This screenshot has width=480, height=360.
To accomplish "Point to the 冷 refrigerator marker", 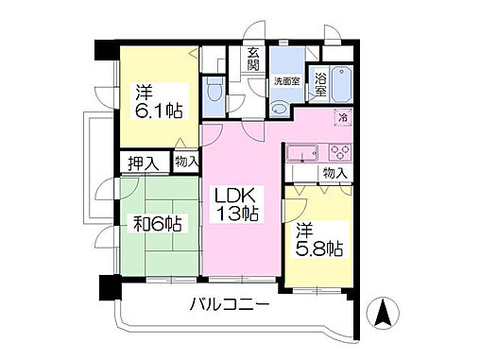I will [343, 118].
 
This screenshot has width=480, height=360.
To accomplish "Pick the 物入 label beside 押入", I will [186, 162].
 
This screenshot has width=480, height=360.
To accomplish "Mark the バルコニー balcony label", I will [231, 304].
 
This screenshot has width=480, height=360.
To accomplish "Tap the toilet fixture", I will [214, 94].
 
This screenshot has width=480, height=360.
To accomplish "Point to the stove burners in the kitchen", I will [339, 153].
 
